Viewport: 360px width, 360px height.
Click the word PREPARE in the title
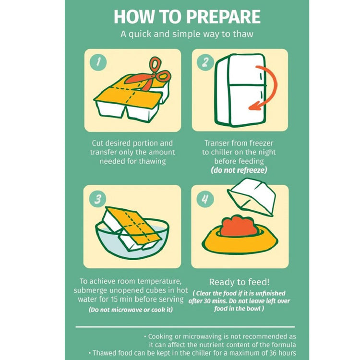[x=223, y=17]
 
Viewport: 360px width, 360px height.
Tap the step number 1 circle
[x=98, y=62]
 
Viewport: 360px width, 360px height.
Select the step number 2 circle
[x=205, y=62]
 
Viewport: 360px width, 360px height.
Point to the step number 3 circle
[x=98, y=199]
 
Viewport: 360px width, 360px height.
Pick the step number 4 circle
[x=205, y=199]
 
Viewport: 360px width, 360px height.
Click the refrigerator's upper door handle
[x=261, y=76]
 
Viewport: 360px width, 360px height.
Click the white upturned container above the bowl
[x=252, y=197]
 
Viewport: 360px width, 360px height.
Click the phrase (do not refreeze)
[x=239, y=170]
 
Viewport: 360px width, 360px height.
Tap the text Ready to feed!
[x=239, y=282]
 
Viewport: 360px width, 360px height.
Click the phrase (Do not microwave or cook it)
[x=131, y=310]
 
